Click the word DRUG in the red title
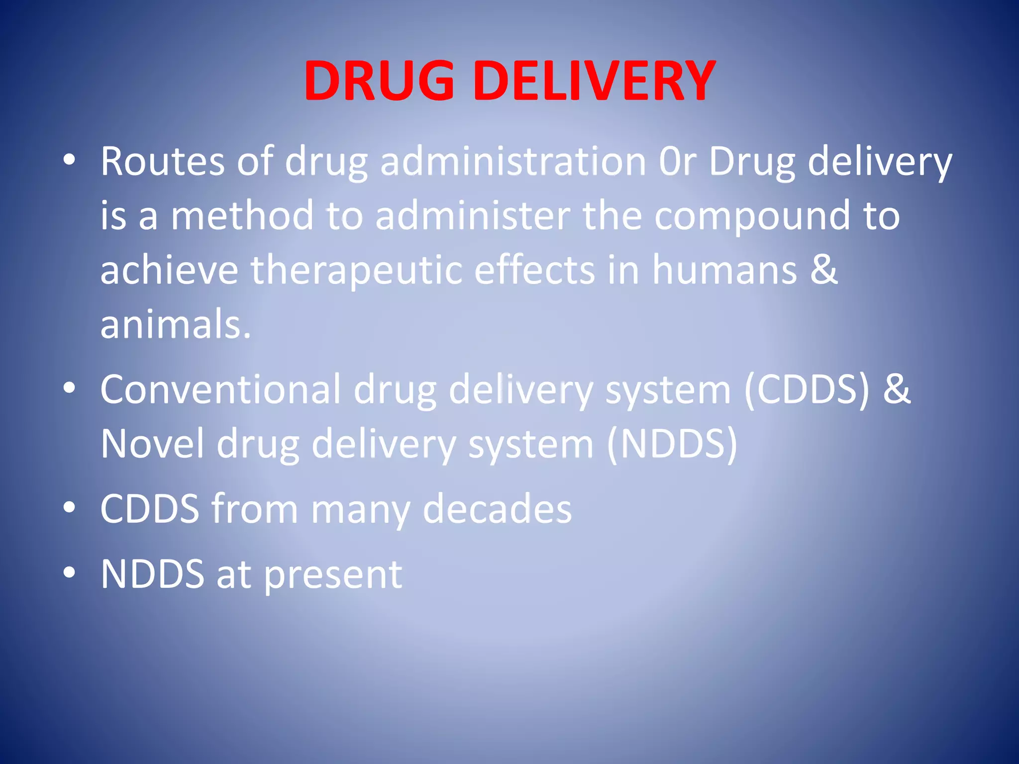pos(379,81)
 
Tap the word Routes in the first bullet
pos(163,162)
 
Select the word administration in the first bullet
pos(513,162)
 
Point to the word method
pos(242,216)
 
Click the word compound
pos(752,217)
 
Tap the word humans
pos(724,270)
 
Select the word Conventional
pos(220,389)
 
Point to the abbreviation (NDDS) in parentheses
pos(672,444)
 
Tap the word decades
pos(497,509)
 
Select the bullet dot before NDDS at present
pos(69,573)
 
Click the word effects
pos(534,270)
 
